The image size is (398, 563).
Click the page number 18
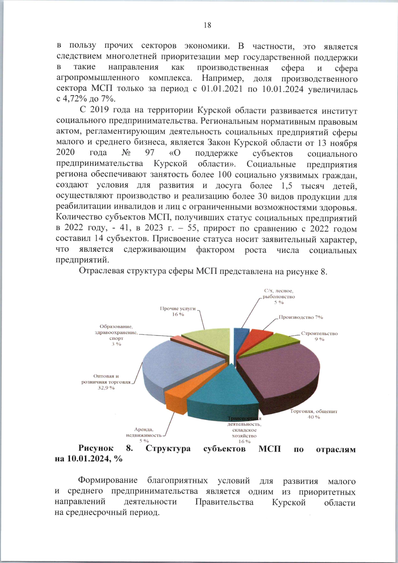click(x=207, y=25)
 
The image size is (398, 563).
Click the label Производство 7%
click(x=300, y=317)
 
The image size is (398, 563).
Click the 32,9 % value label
click(x=106, y=388)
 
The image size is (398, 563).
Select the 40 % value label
click(x=313, y=417)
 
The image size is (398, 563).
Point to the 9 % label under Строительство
click(x=319, y=339)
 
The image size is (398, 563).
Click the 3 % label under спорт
click(x=116, y=344)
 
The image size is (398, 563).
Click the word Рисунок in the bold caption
click(x=96, y=448)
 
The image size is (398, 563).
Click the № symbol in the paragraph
click(x=126, y=153)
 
